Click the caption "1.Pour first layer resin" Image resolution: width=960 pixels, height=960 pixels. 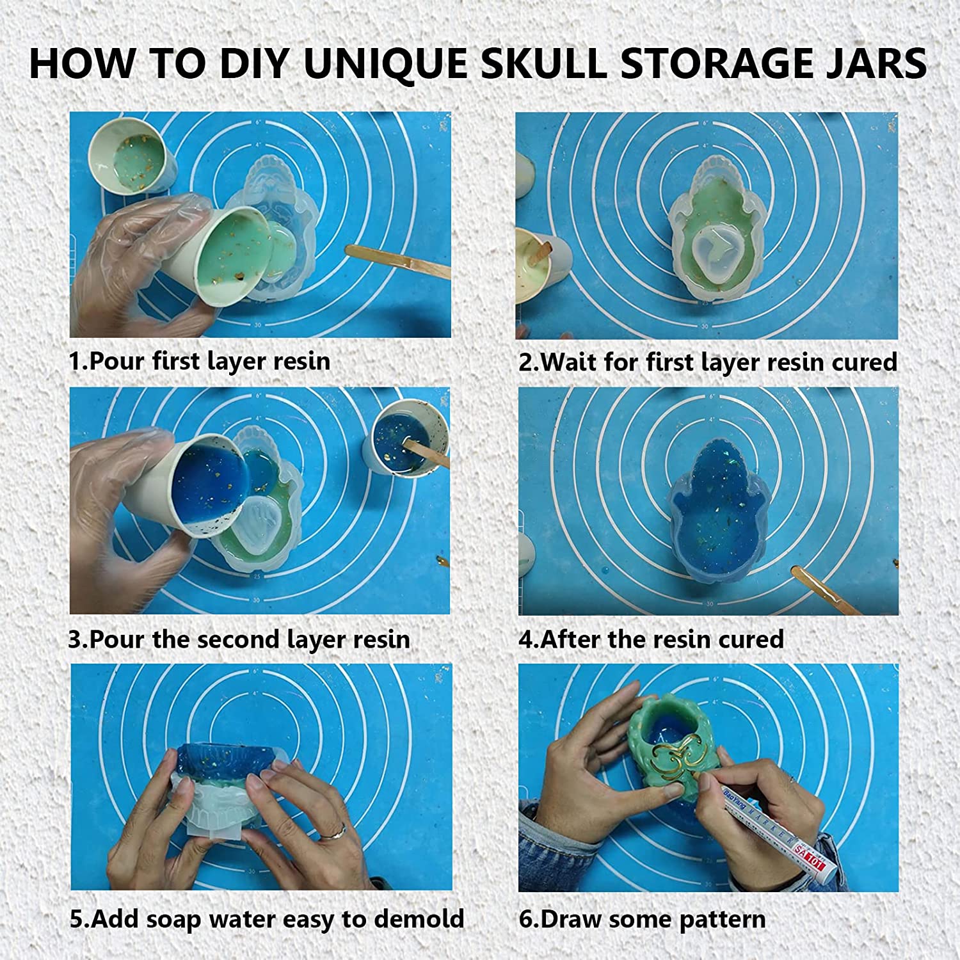coord(199,362)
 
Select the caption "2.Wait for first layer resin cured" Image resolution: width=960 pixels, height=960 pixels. coord(708,362)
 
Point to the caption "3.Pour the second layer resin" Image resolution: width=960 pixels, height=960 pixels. coord(239,639)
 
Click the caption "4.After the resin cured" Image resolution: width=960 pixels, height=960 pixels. coord(651,639)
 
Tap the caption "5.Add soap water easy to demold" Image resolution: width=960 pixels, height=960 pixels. coord(267,919)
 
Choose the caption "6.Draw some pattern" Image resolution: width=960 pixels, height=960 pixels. coord(642,920)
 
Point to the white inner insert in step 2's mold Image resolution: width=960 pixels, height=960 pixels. coord(711,250)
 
